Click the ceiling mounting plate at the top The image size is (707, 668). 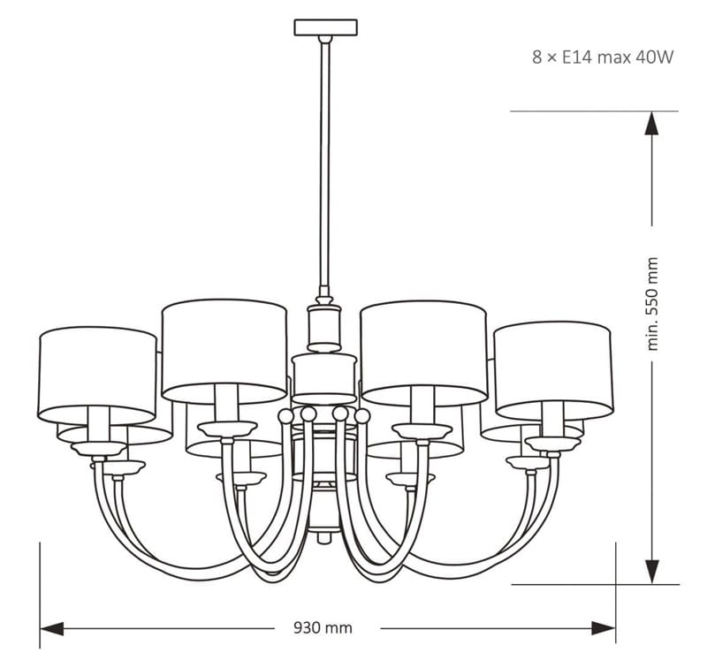tap(325, 27)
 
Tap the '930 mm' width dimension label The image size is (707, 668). tap(323, 627)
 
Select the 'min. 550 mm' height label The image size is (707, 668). tap(652, 304)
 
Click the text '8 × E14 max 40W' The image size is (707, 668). tap(603, 57)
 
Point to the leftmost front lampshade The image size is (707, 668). tap(97, 376)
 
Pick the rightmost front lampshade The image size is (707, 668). tap(553, 370)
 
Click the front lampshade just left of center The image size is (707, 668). tap(224, 352)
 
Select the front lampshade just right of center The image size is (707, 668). tap(424, 353)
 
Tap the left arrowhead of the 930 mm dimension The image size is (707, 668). tap(51, 628)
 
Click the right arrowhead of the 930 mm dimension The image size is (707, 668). tap(604, 628)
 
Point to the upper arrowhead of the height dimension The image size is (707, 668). tap(652, 123)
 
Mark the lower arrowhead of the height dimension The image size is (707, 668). tap(652, 573)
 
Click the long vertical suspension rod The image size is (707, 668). tap(324, 164)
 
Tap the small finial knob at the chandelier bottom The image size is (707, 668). tap(323, 538)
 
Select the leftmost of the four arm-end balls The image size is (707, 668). tap(285, 416)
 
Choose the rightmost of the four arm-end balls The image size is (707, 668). tap(362, 416)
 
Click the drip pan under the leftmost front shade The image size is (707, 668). tap(99, 448)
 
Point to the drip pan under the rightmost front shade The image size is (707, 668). tap(553, 444)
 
